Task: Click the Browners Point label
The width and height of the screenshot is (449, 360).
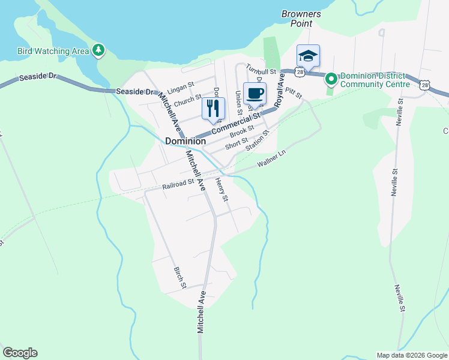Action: (301, 18)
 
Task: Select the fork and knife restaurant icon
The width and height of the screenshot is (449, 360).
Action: (213, 108)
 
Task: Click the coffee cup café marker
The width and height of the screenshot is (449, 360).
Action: (255, 94)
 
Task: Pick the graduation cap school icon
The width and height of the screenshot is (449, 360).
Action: (308, 56)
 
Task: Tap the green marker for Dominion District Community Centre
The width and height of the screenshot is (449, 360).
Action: (331, 79)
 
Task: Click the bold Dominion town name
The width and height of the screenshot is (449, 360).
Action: (185, 141)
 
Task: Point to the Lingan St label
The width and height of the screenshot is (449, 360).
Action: (181, 88)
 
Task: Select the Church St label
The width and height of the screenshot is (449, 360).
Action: (187, 100)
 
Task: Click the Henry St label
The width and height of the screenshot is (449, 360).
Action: (221, 190)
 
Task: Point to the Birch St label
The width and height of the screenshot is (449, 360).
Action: (179, 277)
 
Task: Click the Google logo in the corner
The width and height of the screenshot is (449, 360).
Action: (20, 353)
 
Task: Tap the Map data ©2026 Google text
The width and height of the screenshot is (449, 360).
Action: (411, 355)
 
